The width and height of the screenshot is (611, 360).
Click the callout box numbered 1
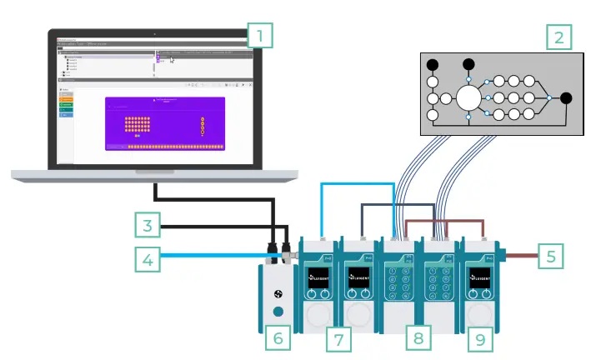[x=260, y=36]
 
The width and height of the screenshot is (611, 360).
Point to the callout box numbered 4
[x=146, y=261]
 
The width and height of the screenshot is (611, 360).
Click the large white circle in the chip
[x=467, y=98]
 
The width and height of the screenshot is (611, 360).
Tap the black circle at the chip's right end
[x=566, y=98]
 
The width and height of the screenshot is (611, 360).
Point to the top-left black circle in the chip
[x=433, y=64]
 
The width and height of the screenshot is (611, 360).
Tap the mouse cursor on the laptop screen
[x=173, y=60]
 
